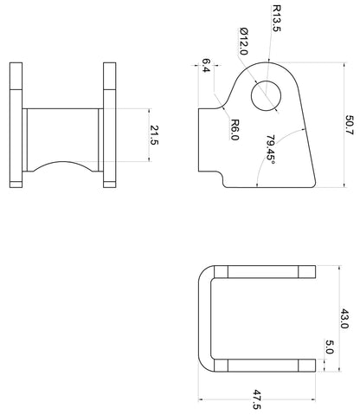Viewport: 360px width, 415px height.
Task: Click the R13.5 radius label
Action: tap(276, 18)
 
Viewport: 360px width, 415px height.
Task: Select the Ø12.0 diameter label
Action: tap(244, 41)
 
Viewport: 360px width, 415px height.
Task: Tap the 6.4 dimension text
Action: tap(206, 65)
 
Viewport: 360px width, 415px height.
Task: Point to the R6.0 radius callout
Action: tap(235, 130)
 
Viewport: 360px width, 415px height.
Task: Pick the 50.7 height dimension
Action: tap(350, 125)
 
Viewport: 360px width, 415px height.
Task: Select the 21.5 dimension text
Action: tap(154, 135)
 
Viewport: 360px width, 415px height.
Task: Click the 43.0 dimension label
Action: tap(344, 319)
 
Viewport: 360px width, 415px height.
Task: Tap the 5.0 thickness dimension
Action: tap(330, 347)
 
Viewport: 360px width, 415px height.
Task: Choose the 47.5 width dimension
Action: tap(256, 399)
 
